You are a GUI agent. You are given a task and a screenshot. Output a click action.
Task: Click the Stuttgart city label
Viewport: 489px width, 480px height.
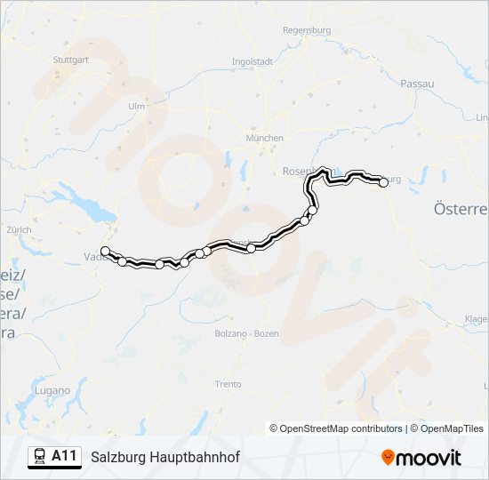tap(71, 60)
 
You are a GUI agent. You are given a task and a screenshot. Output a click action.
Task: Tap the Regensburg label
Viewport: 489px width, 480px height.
tap(306, 30)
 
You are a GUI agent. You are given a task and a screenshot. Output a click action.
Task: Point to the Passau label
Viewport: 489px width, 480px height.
tap(417, 83)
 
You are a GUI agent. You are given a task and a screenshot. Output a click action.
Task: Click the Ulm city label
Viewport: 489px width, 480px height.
tap(136, 106)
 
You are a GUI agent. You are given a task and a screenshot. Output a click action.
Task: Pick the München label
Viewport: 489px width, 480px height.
tap(265, 138)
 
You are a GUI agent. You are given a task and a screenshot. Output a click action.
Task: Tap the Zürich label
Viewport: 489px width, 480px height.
tap(19, 229)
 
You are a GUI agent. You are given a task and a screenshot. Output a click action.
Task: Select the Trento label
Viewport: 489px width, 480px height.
tap(228, 384)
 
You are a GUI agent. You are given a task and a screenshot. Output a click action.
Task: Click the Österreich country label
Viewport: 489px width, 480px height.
tap(461, 209)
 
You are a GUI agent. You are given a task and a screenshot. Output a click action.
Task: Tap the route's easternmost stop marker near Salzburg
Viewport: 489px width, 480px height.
tap(383, 182)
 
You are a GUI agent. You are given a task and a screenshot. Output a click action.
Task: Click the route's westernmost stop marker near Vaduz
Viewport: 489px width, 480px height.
tap(105, 251)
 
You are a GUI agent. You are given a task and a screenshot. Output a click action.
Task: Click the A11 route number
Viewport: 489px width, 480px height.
tap(64, 456)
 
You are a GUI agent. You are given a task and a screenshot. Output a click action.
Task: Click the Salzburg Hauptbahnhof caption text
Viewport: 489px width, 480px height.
tap(164, 457)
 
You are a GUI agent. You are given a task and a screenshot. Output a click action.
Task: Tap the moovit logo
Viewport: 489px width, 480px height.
tap(421, 458)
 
